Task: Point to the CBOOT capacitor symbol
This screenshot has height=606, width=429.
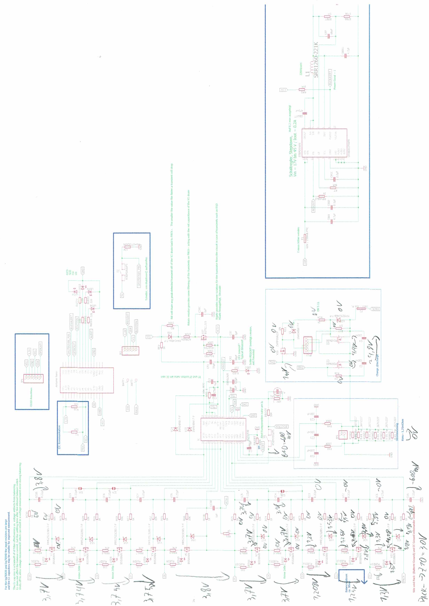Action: click(305, 113)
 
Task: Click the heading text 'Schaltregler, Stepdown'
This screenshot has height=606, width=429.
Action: click(291, 156)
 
